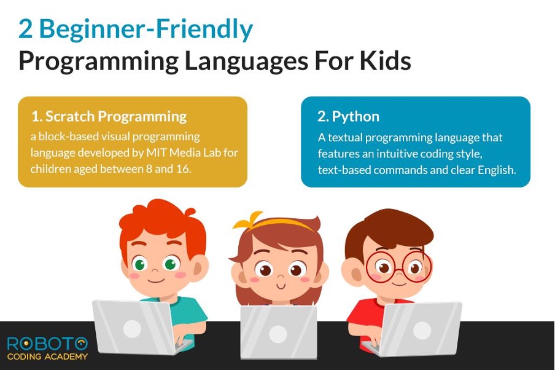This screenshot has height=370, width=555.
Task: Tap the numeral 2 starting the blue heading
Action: pyautogui.click(x=26, y=29)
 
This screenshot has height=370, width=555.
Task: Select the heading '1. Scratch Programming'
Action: pyautogui.click(x=109, y=116)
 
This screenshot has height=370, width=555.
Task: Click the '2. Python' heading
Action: pyautogui.click(x=348, y=116)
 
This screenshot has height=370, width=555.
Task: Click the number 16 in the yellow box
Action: pyautogui.click(x=183, y=168)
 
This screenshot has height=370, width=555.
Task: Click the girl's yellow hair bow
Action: pyautogui.click(x=248, y=221)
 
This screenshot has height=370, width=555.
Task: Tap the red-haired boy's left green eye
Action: pyautogui.click(x=140, y=264)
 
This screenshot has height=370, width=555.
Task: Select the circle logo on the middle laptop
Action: pyautogui.click(x=278, y=334)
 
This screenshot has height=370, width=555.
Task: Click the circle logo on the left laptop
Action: pyautogui.click(x=132, y=328)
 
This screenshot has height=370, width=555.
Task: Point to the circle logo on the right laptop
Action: pyautogui.click(x=422, y=330)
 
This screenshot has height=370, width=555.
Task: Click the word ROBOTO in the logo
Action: pyautogui.click(x=47, y=344)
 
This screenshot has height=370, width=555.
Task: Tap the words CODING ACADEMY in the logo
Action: pyautogui.click(x=47, y=356)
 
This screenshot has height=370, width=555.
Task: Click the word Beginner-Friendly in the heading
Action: pyautogui.click(x=147, y=29)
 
